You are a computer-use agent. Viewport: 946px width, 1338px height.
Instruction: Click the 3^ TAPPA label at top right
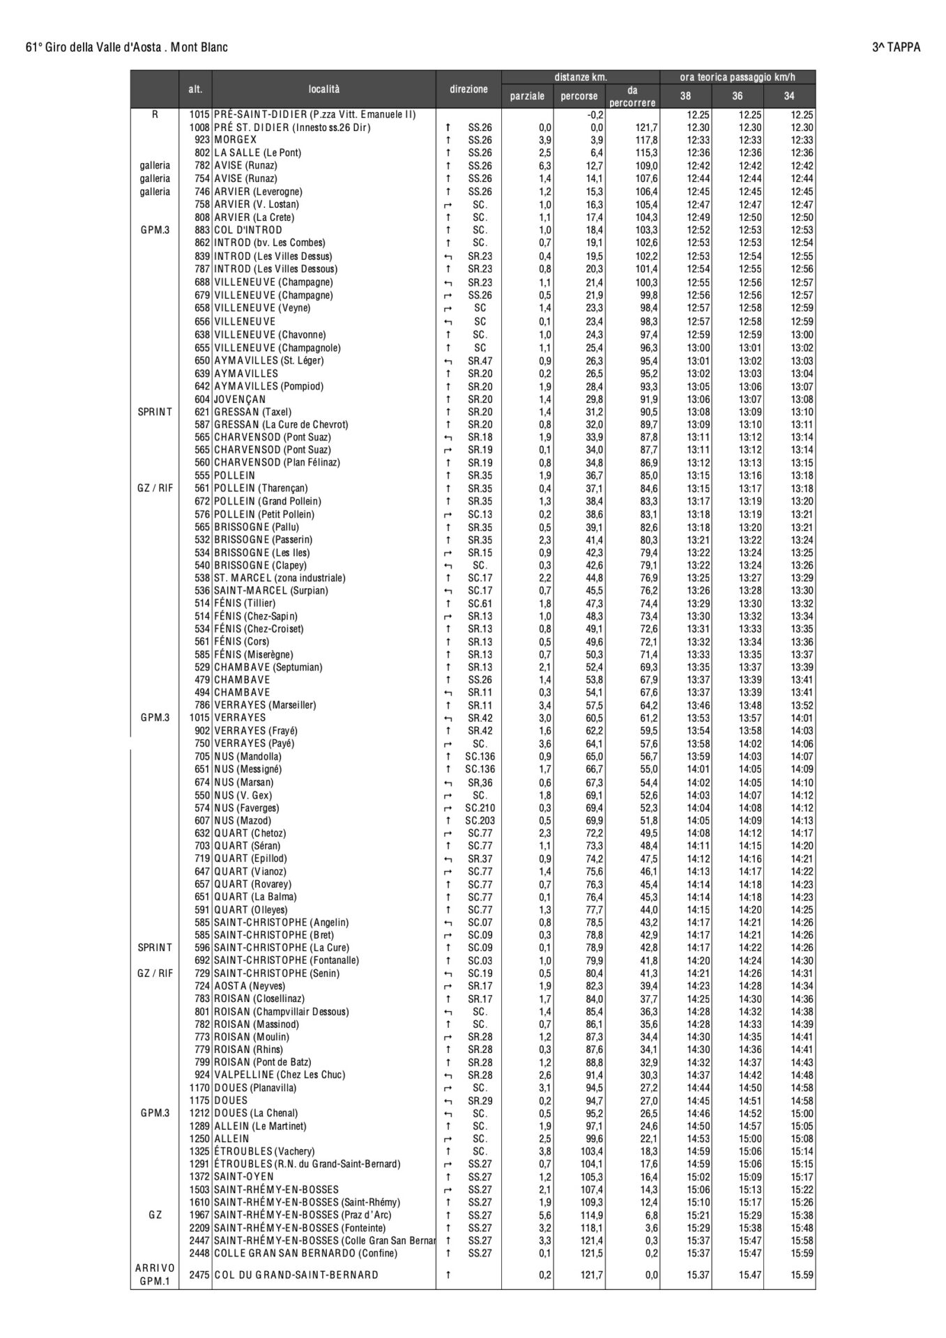(896, 47)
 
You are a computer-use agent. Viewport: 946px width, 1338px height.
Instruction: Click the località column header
(324, 89)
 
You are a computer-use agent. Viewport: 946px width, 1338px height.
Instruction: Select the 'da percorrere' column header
(632, 96)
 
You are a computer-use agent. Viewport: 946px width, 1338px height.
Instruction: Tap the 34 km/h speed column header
(789, 96)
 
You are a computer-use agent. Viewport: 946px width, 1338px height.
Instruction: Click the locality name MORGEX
(236, 140)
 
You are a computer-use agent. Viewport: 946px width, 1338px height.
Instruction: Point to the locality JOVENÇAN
(240, 399)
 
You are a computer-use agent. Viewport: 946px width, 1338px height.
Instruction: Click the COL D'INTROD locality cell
(248, 230)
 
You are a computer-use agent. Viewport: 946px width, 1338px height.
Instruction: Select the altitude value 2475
(200, 1275)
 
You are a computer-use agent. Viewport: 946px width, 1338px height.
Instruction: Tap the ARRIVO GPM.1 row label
(155, 1275)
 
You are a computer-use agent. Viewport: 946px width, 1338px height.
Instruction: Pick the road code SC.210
(480, 808)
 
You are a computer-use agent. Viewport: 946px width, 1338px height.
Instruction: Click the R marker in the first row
(155, 114)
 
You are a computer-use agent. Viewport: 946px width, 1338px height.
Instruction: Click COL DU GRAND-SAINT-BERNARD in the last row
(296, 1275)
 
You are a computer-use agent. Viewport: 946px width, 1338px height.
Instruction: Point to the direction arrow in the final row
(448, 1275)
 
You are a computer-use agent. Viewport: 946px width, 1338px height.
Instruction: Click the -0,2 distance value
(596, 114)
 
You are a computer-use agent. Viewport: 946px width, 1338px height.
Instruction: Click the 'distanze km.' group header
(581, 77)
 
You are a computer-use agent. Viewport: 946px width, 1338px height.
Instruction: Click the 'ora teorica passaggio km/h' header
(738, 77)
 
